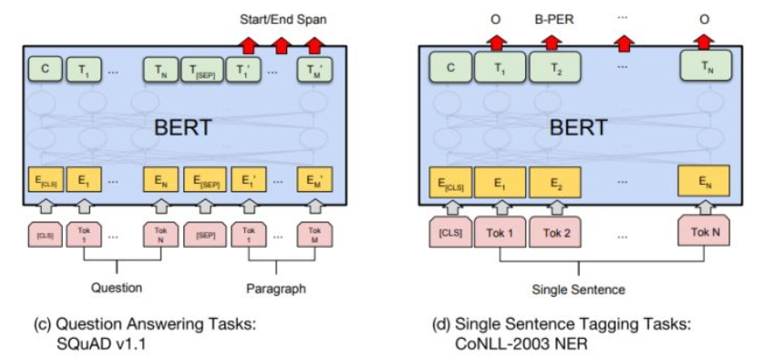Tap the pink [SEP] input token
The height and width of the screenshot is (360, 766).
pos(203,236)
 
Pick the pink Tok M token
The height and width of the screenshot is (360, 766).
pos(314,236)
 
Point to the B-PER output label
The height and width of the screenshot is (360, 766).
pos(552,15)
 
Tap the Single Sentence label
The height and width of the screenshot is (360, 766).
pos(580,289)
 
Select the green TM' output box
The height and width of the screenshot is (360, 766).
pos(314,68)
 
